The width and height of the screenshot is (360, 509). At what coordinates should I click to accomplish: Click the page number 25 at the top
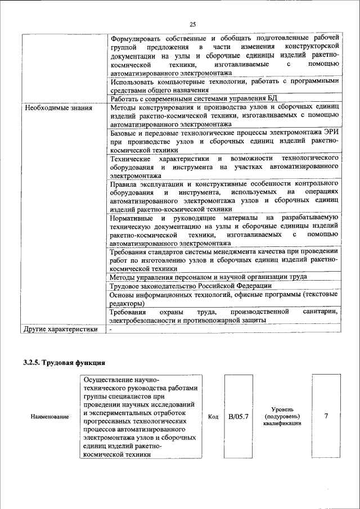[x=192, y=24]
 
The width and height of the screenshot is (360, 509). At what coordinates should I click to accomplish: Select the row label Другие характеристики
[x=61, y=330]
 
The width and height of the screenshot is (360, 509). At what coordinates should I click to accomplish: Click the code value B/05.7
[x=238, y=417]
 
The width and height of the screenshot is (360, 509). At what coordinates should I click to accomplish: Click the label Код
[x=213, y=417]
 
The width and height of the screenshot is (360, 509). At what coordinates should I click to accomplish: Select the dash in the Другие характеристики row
[x=111, y=330]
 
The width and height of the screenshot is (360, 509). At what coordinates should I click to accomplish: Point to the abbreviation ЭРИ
[x=329, y=134]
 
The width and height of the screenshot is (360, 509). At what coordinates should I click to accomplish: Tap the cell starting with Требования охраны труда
[x=223, y=316]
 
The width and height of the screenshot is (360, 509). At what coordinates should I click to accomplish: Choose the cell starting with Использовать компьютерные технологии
[x=223, y=85]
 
